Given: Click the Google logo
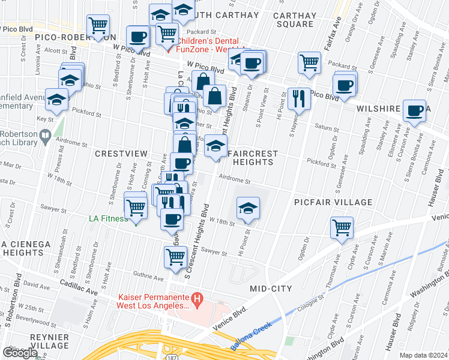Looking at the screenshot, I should coord(20,352).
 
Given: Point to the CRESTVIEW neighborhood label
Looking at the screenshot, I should coord(121,154).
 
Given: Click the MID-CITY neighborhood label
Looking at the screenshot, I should coord(271,289).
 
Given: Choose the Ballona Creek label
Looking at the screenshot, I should coord(251,337).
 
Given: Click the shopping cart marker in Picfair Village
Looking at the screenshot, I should coord(342,228).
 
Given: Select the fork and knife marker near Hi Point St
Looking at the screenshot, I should coord(299,97).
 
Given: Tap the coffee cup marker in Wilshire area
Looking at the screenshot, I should coord(414,110).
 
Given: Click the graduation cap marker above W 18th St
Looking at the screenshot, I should coord(247,208).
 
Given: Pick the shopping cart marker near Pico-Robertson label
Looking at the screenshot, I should coord(98,25).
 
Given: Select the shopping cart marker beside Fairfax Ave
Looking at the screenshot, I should coord(309,62).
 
